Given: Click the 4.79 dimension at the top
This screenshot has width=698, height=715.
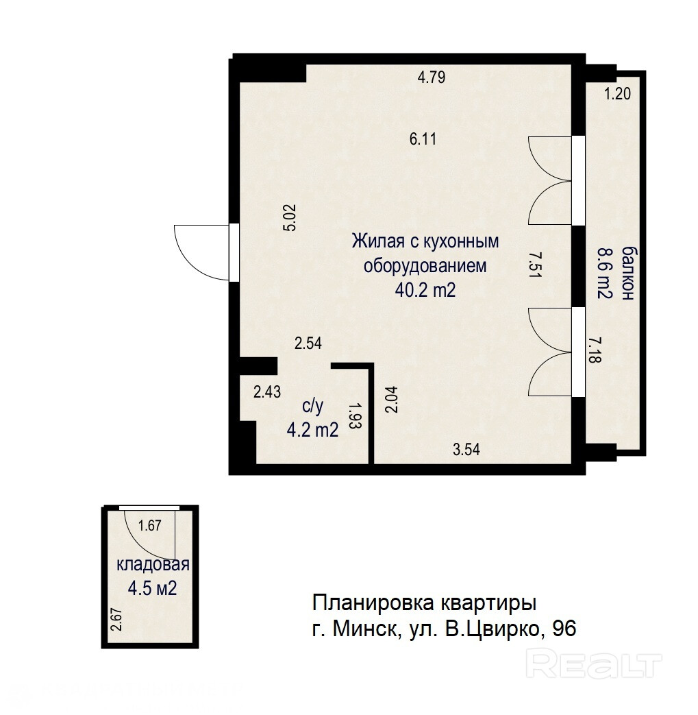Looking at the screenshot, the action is (431, 77).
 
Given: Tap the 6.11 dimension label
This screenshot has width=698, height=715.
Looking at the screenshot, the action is (423, 138).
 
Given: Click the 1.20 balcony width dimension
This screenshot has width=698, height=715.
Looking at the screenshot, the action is (617, 93).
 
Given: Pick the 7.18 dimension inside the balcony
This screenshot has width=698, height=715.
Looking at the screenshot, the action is (595, 350).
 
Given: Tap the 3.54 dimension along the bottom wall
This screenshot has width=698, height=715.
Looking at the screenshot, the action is (466, 450).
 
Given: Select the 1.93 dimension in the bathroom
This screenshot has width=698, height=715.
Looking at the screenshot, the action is (355, 415).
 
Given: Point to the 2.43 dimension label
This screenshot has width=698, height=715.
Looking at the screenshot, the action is (267, 391).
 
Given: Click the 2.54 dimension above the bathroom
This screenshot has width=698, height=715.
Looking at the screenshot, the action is (308, 343).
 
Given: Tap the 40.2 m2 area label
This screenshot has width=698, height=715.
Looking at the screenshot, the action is (425, 290).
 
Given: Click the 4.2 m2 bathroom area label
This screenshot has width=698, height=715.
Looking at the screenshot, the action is (312, 430).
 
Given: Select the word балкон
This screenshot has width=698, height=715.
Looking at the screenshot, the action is (628, 273).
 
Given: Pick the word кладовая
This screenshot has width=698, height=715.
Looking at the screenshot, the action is (153, 564).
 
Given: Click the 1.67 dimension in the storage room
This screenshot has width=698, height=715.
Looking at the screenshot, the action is (150, 526).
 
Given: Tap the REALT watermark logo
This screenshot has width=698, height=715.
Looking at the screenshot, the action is (594, 664).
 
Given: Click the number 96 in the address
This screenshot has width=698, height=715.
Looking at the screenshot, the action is (564, 629).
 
